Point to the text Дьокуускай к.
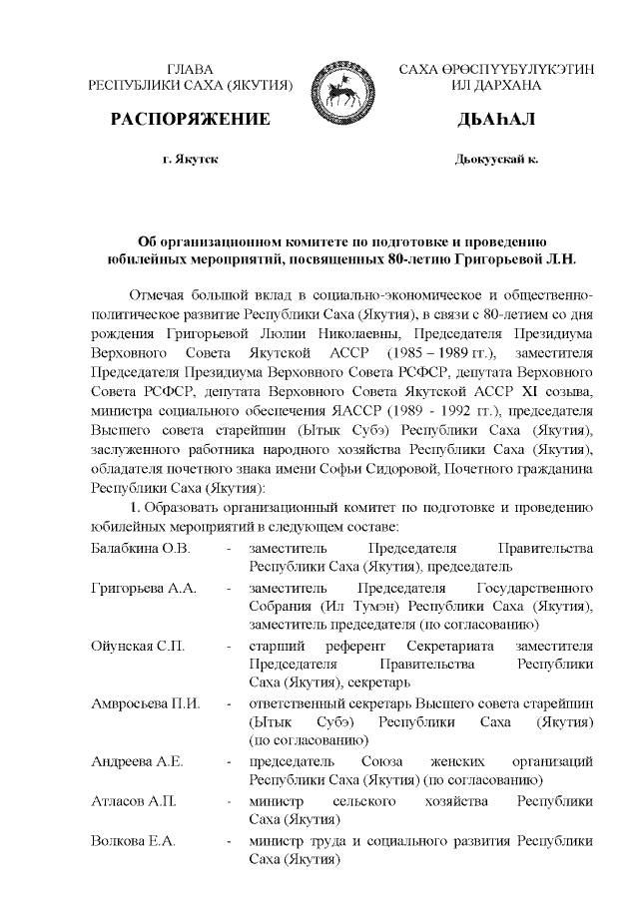(495, 159)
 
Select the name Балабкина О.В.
(140, 549)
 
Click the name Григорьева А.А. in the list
(142, 588)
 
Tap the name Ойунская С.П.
(137, 646)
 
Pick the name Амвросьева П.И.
(145, 703)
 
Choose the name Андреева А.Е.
(137, 761)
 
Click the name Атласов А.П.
(134, 801)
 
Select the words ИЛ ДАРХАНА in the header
(495, 87)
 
